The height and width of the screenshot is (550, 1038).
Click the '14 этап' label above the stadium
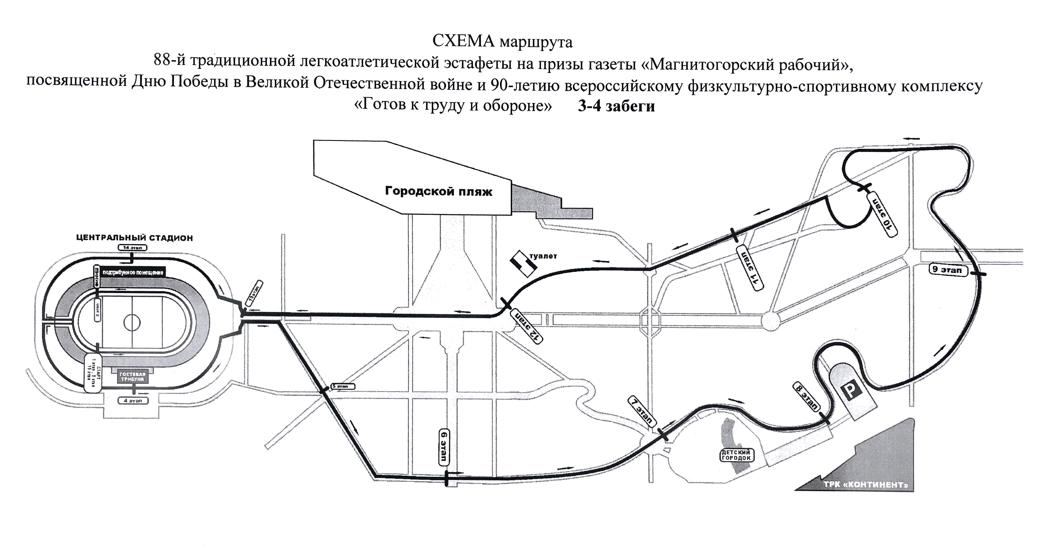click(132, 247)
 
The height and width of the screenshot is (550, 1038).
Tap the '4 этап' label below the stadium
click(133, 401)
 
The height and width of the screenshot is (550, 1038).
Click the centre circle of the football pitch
click(132, 322)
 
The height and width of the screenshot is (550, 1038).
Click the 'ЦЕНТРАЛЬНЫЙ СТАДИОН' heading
click(135, 238)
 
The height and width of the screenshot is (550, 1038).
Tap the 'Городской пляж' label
click(438, 191)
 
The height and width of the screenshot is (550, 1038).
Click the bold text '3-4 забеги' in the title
click(616, 106)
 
